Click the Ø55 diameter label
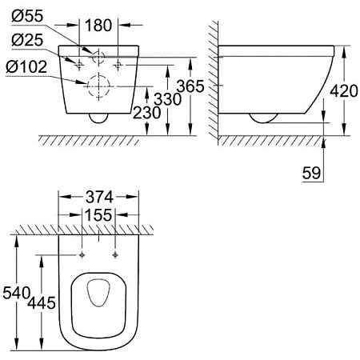tap(27, 16)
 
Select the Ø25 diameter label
tap(27, 40)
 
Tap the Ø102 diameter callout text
tap(26, 66)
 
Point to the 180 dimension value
tap(98, 26)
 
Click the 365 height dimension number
tap(190, 86)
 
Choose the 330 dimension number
tap(168, 99)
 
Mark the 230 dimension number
tap(147, 113)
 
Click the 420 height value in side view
tap(344, 91)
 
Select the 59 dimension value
tap(311, 173)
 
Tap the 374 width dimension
tap(99, 198)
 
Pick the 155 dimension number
tap(98, 215)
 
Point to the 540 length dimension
tap(16, 293)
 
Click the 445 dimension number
tap(42, 303)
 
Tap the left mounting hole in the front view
tap(79, 65)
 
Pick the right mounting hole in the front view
tap(118, 65)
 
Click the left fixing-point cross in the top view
tap(82, 255)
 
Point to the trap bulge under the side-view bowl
tap(263, 122)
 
